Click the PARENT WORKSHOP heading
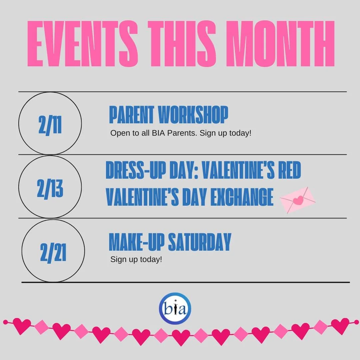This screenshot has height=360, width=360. [x=169, y=115]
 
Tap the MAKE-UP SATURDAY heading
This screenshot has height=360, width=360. [x=170, y=242]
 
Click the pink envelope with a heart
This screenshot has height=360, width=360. [x=297, y=200]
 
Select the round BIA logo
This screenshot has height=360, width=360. [x=175, y=308]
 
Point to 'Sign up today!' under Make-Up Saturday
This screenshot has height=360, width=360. [x=136, y=259]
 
